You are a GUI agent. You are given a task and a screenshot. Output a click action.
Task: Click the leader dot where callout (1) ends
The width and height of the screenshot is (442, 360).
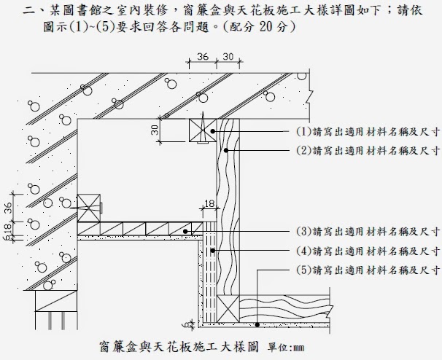(212, 131)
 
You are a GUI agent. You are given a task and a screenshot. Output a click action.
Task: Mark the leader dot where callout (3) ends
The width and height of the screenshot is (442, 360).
(187, 232)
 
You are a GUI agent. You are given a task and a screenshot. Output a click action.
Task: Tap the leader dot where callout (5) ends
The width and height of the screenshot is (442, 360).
(259, 321)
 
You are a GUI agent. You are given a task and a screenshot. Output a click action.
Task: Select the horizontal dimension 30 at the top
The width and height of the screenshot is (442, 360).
(227, 56)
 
